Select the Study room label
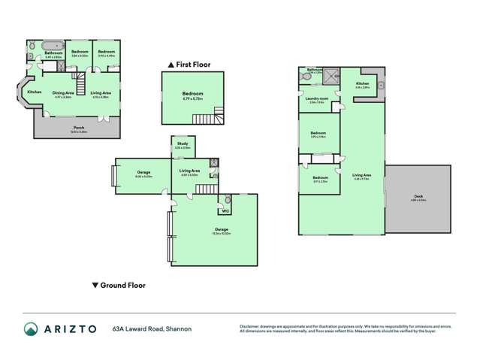(183, 143)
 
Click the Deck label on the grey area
(418, 198)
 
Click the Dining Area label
(62, 92)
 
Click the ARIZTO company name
(71, 328)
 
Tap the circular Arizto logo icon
(31, 328)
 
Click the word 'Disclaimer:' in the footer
(250, 325)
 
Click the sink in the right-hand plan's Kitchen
(381, 85)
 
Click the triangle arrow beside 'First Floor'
(172, 65)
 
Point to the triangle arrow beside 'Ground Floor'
(94, 286)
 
